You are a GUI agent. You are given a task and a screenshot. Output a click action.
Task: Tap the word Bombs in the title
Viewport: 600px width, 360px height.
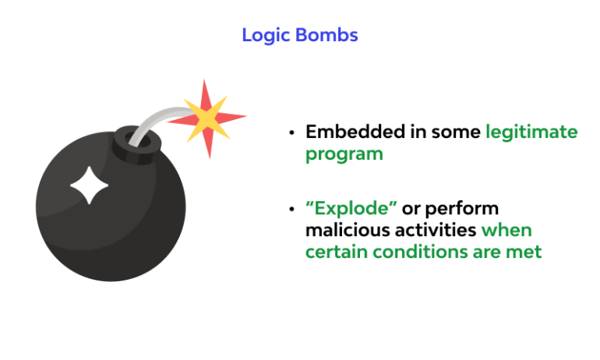(326, 35)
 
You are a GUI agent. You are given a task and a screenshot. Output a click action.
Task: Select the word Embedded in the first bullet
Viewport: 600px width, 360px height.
(355, 132)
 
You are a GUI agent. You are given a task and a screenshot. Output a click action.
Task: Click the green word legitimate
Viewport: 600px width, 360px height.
(531, 132)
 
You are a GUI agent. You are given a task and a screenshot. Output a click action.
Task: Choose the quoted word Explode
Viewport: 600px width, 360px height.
(351, 209)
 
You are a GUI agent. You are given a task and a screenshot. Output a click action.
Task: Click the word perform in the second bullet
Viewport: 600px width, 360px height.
(462, 209)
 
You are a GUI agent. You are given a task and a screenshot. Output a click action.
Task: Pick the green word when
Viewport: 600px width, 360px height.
(506, 231)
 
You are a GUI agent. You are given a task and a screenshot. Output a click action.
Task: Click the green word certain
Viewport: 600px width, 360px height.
(337, 252)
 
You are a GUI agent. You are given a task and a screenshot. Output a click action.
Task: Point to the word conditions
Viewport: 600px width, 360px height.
(420, 252)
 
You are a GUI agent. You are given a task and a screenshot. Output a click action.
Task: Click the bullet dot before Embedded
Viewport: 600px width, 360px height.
(291, 132)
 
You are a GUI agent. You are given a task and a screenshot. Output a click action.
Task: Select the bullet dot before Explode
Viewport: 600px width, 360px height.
(291, 210)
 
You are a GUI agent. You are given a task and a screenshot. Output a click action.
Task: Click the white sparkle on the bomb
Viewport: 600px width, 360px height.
(89, 185)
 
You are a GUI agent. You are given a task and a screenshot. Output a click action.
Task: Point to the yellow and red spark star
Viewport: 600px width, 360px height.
(207, 118)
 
